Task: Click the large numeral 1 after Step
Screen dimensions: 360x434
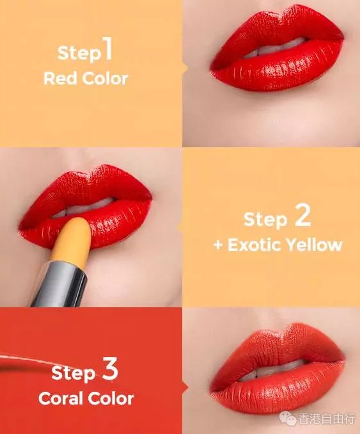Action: pos(108,49)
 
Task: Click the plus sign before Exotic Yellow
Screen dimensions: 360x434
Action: pos(218,246)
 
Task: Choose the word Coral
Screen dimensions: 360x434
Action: pos(61,399)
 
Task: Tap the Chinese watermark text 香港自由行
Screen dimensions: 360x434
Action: pos(327,419)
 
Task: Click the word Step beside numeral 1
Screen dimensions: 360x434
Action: pos(79,52)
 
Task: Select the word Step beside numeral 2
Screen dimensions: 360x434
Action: pos(265,219)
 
